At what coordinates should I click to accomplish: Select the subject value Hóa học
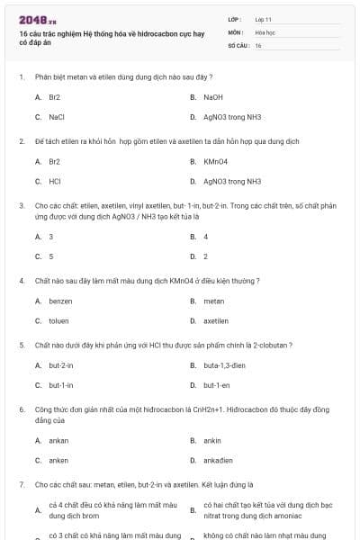(x=265, y=31)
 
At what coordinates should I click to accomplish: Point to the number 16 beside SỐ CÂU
(x=258, y=45)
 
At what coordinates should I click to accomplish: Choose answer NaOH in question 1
(x=213, y=96)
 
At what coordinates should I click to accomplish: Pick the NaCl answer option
(x=57, y=116)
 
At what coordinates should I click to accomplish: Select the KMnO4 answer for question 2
(x=216, y=161)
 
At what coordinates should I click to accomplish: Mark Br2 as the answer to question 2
(x=55, y=161)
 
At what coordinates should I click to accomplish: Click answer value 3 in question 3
(x=51, y=237)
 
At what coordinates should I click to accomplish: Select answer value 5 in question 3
(x=51, y=256)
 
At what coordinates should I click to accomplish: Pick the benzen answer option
(x=60, y=301)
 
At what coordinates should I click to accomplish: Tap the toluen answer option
(x=59, y=320)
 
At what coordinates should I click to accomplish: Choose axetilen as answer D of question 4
(x=216, y=320)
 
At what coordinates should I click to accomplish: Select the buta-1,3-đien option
(x=225, y=365)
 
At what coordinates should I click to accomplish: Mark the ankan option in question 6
(x=58, y=440)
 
